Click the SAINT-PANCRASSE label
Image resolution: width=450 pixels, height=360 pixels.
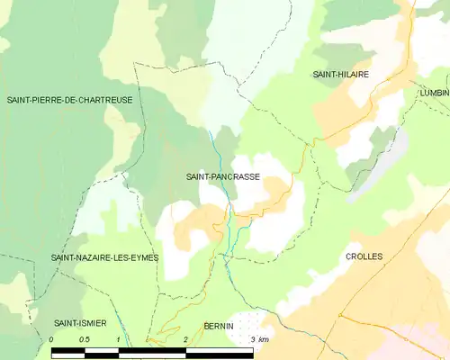[x=223, y=177]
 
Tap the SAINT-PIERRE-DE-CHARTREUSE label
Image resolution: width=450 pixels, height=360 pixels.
[x=76, y=100]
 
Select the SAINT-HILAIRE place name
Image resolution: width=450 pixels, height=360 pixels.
[x=341, y=75]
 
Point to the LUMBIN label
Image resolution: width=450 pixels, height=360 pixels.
[x=433, y=93]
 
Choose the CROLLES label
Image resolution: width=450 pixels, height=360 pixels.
[x=364, y=256]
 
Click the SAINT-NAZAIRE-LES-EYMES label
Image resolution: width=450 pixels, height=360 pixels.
[x=104, y=257]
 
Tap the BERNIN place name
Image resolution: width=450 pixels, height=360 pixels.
[x=219, y=325]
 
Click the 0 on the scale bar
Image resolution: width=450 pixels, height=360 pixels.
[x=52, y=339]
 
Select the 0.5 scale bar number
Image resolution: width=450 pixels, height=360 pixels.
[x=85, y=339]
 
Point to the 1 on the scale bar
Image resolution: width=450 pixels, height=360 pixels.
[x=118, y=339]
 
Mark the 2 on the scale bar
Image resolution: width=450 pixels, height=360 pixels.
[x=184, y=339]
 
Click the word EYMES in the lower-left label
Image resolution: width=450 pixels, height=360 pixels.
[x=142, y=257]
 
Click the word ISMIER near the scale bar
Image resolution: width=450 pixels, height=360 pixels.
[x=89, y=322]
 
